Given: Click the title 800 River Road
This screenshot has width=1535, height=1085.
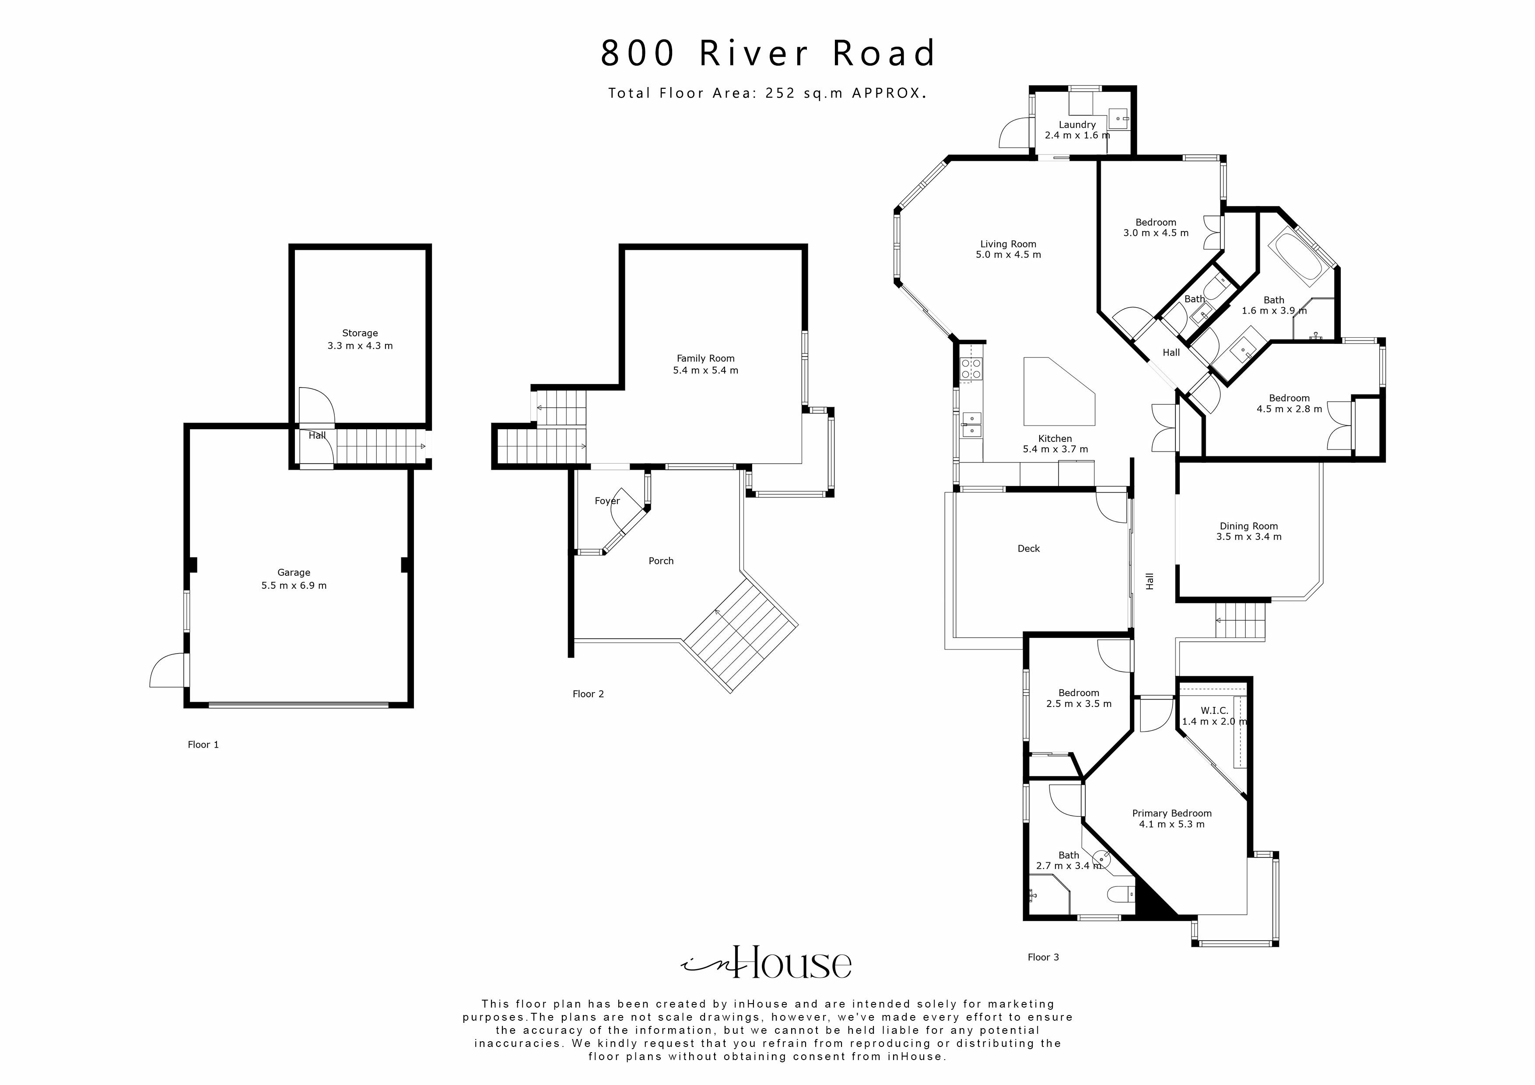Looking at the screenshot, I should click(x=767, y=53).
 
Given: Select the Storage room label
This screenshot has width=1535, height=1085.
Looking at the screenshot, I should click(x=360, y=333).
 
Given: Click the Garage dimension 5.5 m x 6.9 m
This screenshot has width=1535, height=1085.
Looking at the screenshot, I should click(x=294, y=586).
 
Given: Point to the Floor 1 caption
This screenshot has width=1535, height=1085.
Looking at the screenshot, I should click(x=203, y=745).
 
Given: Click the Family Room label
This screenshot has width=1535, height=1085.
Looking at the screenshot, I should click(x=705, y=358).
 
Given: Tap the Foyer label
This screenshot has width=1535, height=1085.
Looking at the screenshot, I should click(x=607, y=500).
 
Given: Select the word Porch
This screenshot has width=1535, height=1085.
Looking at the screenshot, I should click(x=661, y=561).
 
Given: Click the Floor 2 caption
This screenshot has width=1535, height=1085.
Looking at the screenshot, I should click(x=588, y=694).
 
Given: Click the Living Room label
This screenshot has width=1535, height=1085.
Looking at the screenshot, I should click(x=1008, y=244).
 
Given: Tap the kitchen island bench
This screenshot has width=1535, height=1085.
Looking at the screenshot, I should click(x=1056, y=395).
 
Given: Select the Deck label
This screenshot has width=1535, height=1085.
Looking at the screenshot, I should click(x=1028, y=549).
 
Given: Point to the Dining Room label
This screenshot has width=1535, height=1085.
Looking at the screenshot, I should click(x=1248, y=526).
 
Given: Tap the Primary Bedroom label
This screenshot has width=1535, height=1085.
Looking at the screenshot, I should click(x=1171, y=814).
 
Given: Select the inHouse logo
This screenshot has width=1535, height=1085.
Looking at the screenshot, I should click(x=767, y=962).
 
